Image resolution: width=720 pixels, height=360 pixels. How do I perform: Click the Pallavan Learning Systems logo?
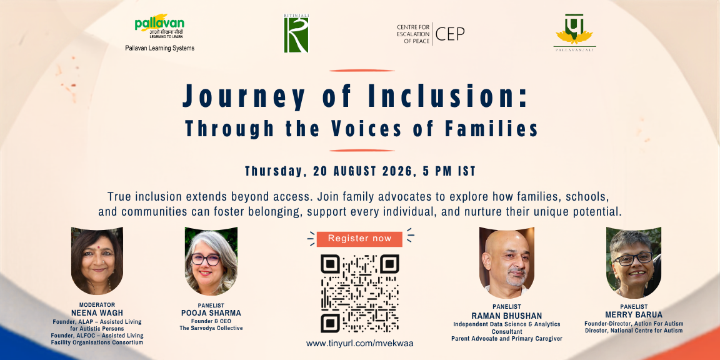(x=159, y=32)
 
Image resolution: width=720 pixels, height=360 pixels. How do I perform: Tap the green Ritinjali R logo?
(x=296, y=34)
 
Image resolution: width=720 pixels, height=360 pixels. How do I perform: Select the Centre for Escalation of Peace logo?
(x=431, y=34)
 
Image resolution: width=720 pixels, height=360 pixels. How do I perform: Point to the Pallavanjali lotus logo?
(x=574, y=32)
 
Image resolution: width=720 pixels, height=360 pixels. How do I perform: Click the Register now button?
(x=359, y=239)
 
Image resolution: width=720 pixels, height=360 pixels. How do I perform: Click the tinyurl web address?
(x=359, y=344)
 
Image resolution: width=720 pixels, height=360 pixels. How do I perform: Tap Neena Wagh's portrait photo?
(x=97, y=261)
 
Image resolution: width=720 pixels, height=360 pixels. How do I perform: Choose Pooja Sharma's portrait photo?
(x=211, y=261)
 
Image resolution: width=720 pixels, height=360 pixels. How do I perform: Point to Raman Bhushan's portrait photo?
(x=507, y=262)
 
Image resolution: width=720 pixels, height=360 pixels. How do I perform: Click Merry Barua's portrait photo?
(x=633, y=262)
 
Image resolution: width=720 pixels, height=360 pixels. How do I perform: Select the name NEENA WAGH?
(x=97, y=313)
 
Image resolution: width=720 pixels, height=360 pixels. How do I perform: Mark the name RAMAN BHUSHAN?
(x=507, y=316)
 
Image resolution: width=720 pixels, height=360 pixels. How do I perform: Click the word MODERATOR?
(x=97, y=305)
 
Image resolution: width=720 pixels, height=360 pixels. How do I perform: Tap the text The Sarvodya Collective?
(x=211, y=328)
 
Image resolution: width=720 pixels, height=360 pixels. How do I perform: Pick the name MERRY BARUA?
(x=634, y=315)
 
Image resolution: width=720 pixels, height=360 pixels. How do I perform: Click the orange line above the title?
(x=362, y=71)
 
